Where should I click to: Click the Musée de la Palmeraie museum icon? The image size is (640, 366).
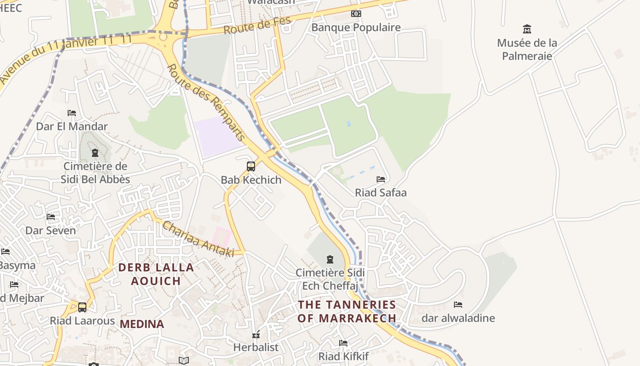(527, 29)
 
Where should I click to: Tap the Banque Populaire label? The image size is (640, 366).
(356, 27)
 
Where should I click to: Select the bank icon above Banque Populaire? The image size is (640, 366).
(356, 14)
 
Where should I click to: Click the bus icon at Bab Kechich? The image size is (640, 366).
(251, 167)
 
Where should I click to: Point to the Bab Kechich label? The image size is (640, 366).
(251, 180)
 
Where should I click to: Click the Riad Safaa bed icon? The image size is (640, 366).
(381, 179)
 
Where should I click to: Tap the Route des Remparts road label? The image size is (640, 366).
(206, 102)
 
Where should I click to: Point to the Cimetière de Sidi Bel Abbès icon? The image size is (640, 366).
(95, 153)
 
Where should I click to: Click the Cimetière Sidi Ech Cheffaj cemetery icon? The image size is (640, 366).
(330, 260)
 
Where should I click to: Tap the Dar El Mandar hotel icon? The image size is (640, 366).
(72, 113)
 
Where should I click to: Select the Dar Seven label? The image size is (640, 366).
(50, 230)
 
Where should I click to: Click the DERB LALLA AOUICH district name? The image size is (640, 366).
(156, 274)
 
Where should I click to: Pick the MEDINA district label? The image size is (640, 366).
(142, 324)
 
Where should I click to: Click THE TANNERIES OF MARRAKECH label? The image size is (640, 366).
(347, 311)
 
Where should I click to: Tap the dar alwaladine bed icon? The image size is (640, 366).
(458, 305)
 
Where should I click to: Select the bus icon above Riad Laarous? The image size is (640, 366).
(82, 307)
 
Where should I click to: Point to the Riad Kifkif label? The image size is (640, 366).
(343, 356)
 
